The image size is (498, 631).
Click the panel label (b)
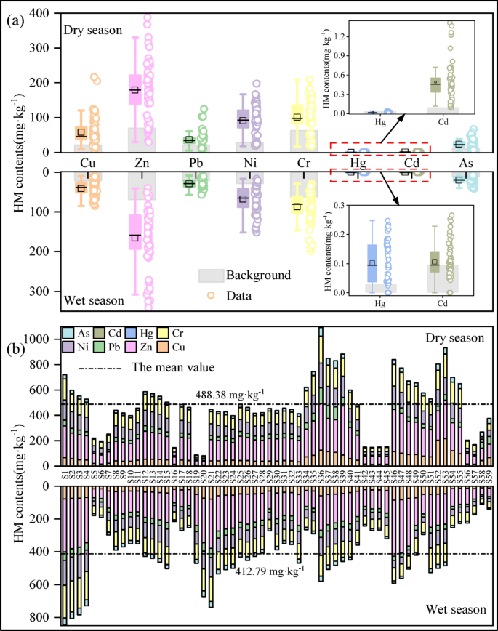pyautogui.click(x=15, y=350)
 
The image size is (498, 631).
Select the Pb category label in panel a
pyautogui.click(x=190, y=162)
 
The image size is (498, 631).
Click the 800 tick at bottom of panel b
pyautogui.click(x=47, y=617)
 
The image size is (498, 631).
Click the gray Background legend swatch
pyautogui.click(x=209, y=276)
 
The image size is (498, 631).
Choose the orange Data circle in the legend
pyautogui.click(x=209, y=294)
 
